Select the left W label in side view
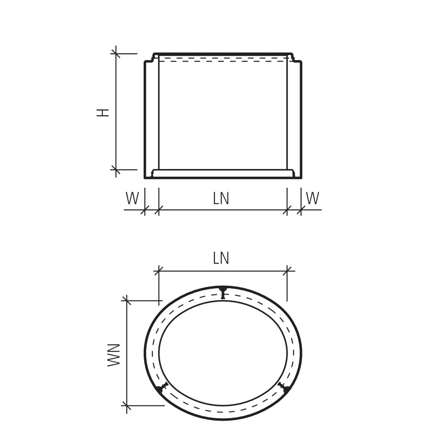[132, 198]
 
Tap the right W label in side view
[313, 198]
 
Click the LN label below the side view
[221, 198]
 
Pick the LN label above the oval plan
[221, 258]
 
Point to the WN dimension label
[114, 354]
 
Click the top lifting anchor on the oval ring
[222, 292]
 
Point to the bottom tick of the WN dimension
[126, 405]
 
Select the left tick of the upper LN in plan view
[159, 271]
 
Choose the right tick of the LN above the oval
[287, 271]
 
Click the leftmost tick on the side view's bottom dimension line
[144, 210]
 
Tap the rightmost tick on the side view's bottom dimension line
[301, 210]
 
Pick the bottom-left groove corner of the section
[153, 173]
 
